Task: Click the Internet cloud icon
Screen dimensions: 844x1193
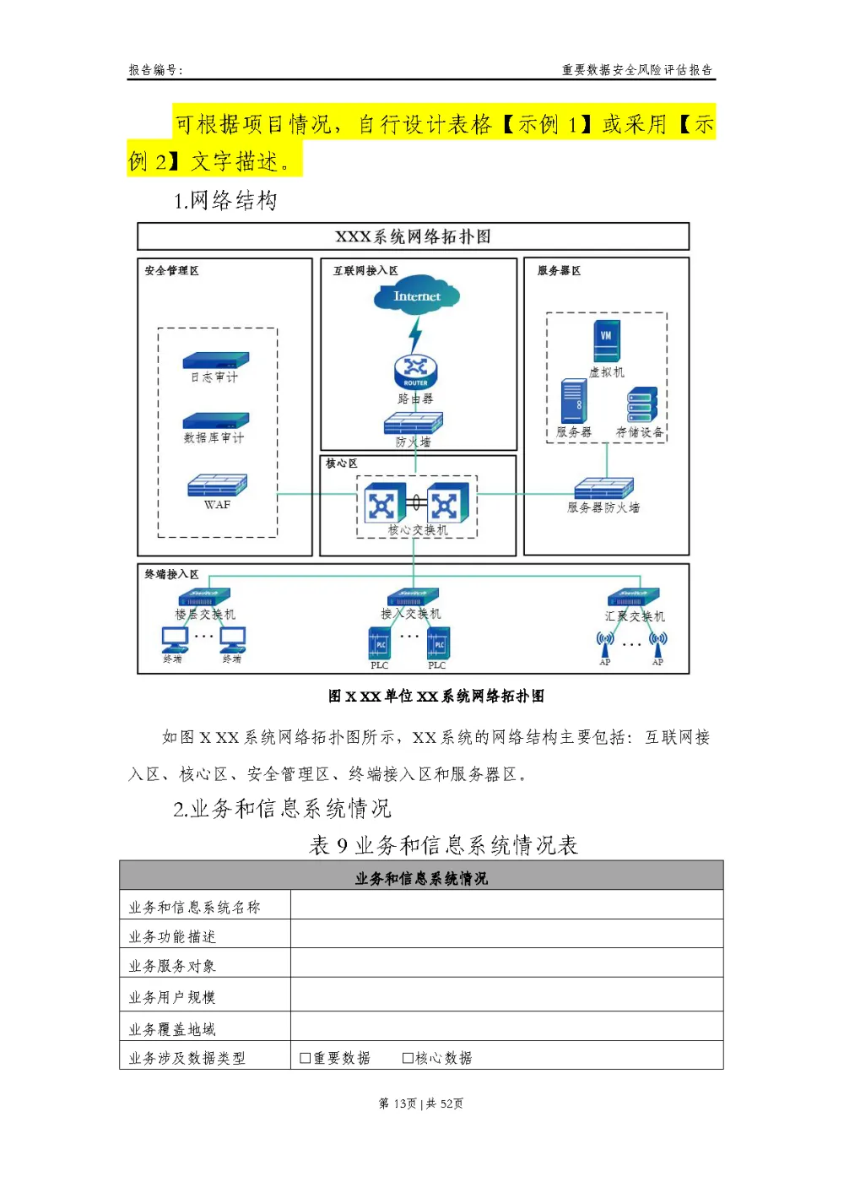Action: point(417,296)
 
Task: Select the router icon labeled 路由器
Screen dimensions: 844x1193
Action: point(415,371)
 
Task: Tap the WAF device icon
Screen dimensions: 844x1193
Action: point(217,485)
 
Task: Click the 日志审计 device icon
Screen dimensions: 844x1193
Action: point(216,361)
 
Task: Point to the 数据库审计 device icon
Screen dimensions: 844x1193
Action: point(216,420)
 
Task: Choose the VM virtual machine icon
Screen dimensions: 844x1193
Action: point(606,339)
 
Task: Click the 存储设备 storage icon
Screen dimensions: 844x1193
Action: point(641,405)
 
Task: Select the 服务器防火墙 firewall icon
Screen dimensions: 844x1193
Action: point(603,488)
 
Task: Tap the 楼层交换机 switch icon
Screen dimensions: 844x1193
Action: point(204,598)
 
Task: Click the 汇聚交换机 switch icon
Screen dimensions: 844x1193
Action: point(634,598)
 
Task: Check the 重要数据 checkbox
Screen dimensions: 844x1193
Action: point(306,1058)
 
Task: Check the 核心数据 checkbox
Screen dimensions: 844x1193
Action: point(408,1058)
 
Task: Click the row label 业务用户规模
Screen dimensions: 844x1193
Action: point(172,997)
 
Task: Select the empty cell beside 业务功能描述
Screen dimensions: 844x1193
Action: point(506,934)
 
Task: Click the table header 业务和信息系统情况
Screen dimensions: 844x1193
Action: point(421,878)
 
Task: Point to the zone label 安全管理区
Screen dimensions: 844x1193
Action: point(171,271)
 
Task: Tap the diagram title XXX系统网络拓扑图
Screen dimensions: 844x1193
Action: point(413,236)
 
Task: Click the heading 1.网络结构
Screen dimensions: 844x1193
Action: point(225,201)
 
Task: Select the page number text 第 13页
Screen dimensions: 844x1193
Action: point(398,1104)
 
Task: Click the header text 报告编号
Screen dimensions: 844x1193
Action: point(154,70)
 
